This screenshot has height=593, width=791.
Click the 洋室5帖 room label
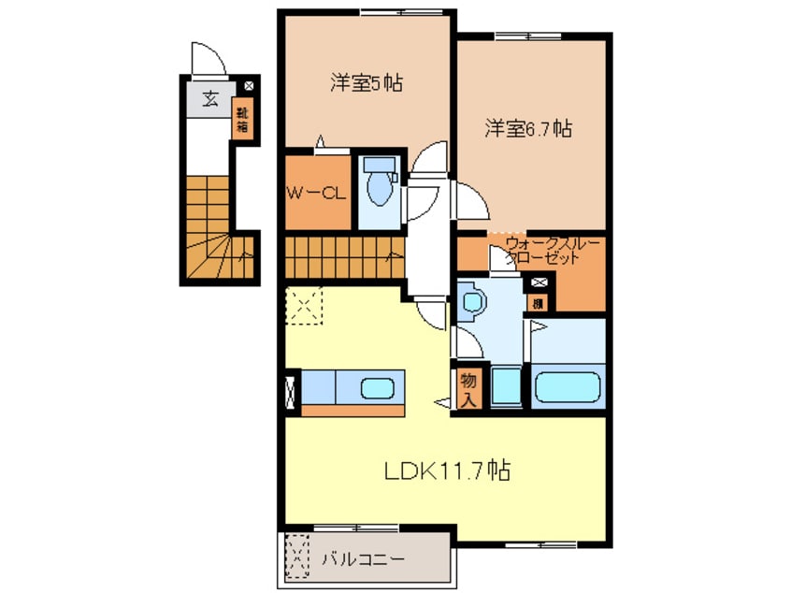366,83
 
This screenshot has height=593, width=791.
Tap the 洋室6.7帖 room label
527,130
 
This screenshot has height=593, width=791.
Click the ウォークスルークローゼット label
543,253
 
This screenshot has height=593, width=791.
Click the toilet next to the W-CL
380,183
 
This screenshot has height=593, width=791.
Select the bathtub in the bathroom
568,387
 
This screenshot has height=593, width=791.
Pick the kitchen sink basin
378,386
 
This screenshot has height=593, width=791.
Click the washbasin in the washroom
473,301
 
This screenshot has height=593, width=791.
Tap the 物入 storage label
467,388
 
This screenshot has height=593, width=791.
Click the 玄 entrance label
211,98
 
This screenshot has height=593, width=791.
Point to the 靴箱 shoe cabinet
242,121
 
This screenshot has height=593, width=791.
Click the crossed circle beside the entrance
249,86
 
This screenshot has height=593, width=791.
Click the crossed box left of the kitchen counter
291,390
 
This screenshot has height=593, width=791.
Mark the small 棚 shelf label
539,301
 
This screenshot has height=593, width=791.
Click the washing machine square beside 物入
505,387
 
